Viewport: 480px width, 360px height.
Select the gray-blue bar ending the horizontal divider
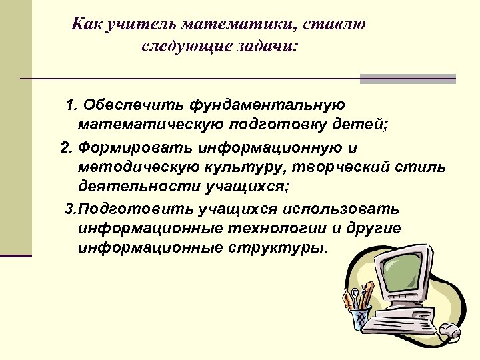pyautogui.click(x=407, y=79)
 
